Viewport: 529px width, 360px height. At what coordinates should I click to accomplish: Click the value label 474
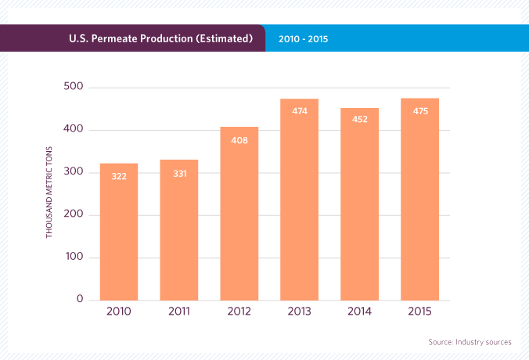[x=300, y=111]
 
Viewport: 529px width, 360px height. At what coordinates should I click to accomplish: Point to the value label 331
[x=179, y=173]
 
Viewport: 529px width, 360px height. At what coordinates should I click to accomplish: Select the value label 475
[x=420, y=110]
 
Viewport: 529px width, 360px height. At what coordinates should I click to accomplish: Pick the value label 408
[x=239, y=139]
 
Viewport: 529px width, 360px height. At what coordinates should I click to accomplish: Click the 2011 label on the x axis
[x=179, y=311]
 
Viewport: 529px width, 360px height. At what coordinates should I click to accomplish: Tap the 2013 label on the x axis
[x=300, y=311]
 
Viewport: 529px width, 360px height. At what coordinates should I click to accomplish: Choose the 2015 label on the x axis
[x=420, y=311]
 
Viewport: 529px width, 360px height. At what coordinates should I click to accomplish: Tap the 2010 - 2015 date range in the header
[x=303, y=38]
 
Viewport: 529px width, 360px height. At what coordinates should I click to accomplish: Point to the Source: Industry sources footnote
[x=470, y=342]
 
